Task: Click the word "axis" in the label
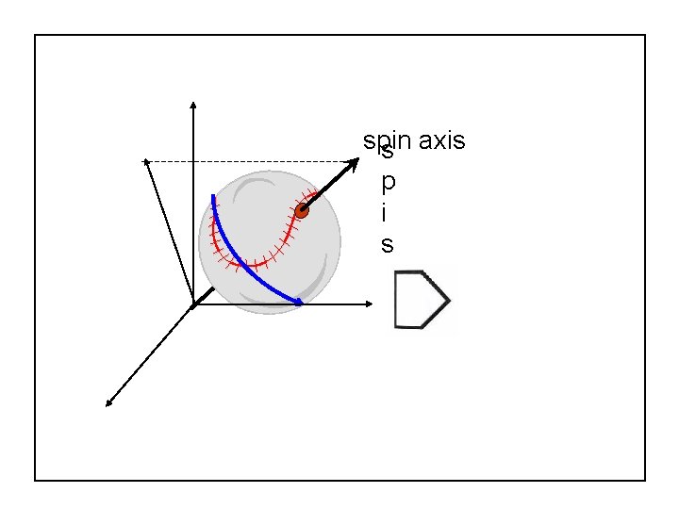[441, 141]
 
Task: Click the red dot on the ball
[302, 211]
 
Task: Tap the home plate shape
[419, 300]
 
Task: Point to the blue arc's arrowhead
[298, 303]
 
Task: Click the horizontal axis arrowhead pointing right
[371, 304]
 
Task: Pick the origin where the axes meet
[193, 304]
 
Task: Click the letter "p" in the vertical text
[387, 180]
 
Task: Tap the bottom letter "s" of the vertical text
[387, 245]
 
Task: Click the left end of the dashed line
[146, 161]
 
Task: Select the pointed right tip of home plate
[448, 300]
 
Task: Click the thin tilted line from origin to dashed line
[170, 233]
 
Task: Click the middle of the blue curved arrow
[240, 263]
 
